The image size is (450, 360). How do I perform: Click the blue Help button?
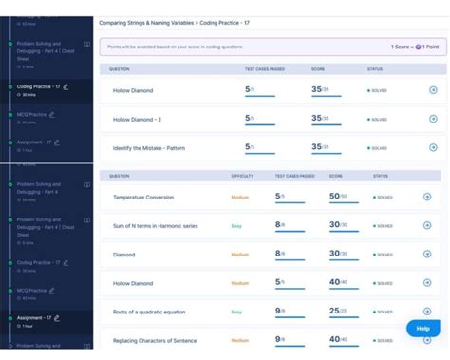pos(422,328)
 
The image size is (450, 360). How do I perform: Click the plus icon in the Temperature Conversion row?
pos(427,197)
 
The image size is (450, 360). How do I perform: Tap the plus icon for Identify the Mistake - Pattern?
pos(433,148)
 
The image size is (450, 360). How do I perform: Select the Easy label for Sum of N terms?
pos(237,226)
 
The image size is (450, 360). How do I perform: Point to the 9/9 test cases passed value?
pos(280,311)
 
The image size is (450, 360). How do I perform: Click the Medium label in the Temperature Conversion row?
pos(240,197)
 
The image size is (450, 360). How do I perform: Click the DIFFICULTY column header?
pos(243,176)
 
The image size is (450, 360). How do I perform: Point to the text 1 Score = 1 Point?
pos(415,47)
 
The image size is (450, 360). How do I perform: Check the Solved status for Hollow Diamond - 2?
pos(378,120)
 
